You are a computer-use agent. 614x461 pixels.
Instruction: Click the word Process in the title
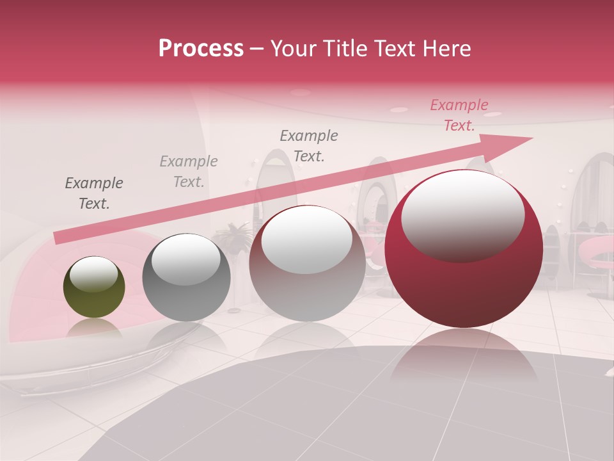(201, 49)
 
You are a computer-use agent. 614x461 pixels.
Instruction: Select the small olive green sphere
(94, 287)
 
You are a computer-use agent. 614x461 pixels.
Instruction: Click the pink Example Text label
(459, 115)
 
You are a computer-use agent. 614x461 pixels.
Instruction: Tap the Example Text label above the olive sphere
(94, 193)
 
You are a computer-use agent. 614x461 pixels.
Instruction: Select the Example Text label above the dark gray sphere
(189, 171)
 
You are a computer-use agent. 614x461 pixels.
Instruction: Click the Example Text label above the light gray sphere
(309, 145)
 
